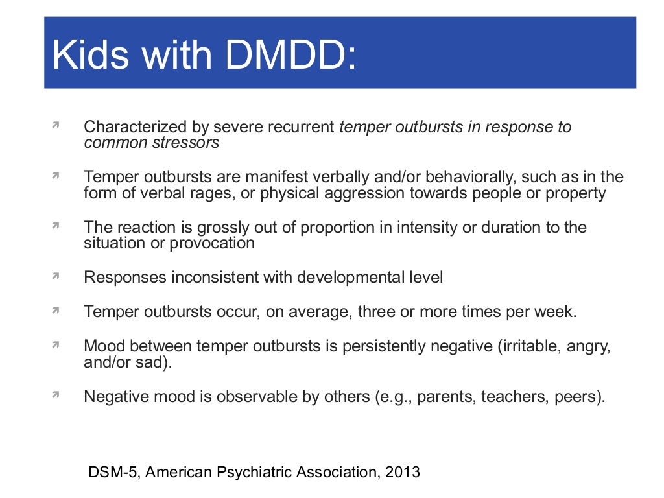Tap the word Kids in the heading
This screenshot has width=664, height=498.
[91, 56]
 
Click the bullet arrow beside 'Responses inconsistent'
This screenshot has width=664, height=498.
[56, 276]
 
